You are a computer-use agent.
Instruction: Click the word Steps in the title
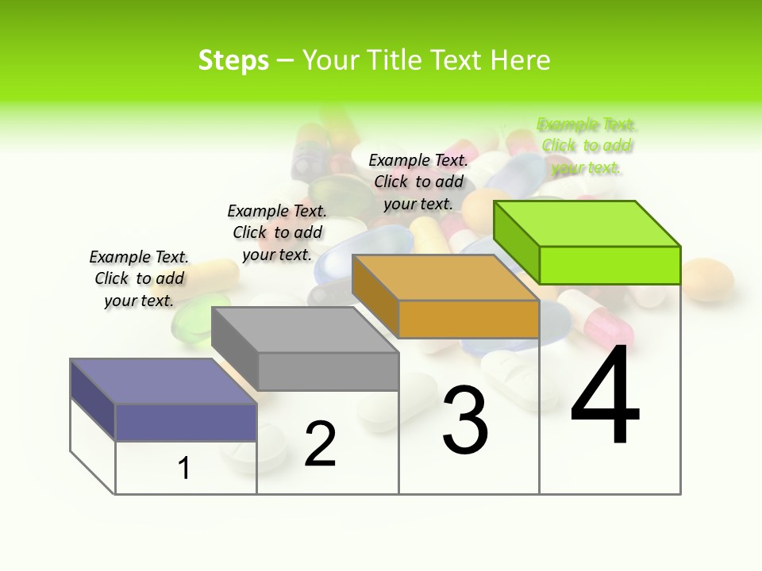(x=233, y=60)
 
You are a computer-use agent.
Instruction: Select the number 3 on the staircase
(x=465, y=420)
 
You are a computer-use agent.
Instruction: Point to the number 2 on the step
(x=320, y=444)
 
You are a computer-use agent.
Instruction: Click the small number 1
(x=184, y=468)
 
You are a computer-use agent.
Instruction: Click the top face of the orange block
(x=445, y=278)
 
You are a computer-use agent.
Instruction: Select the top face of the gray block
(x=305, y=330)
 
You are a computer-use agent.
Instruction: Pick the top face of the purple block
(x=164, y=381)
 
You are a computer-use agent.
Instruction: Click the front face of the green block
(x=610, y=265)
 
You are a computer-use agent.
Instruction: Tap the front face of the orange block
(x=468, y=319)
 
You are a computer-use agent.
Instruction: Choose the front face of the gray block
(x=328, y=371)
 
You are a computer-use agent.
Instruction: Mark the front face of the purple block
(x=186, y=422)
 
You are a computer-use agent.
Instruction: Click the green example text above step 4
(x=587, y=146)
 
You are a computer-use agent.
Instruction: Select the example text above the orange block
(x=418, y=182)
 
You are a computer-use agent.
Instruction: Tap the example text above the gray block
(x=277, y=232)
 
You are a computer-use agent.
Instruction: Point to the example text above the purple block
(x=139, y=278)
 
